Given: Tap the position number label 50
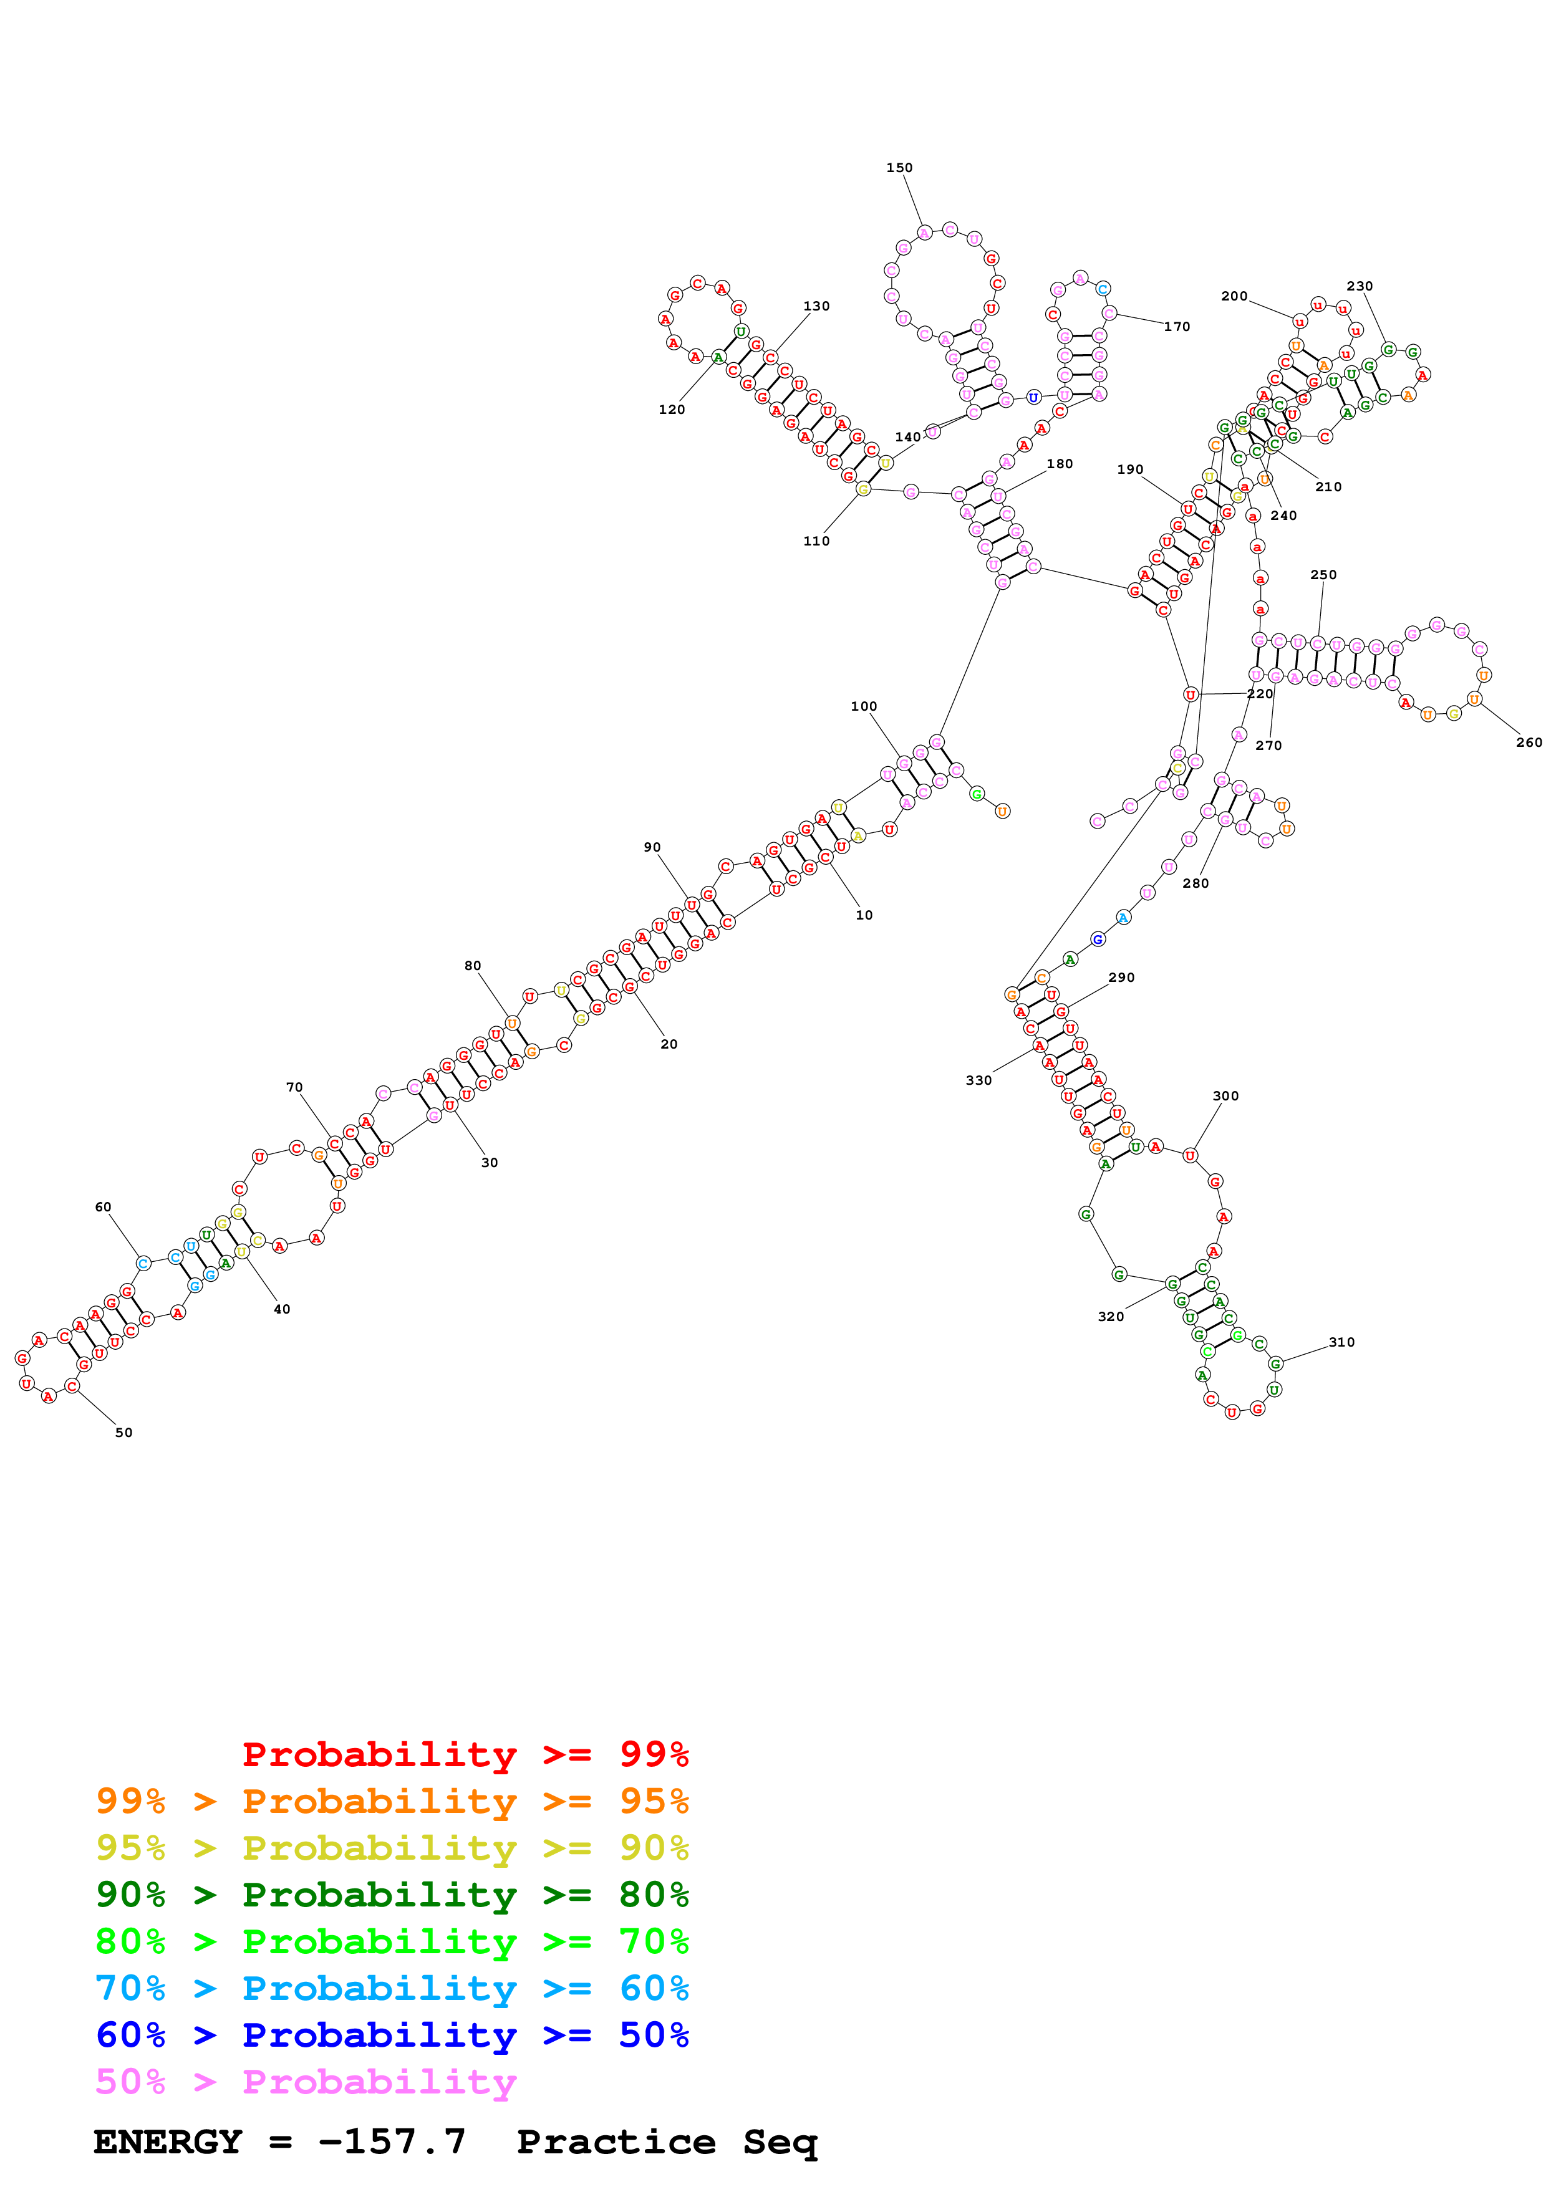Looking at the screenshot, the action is (x=124, y=1433).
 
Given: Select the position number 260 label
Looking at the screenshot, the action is (x=1528, y=742).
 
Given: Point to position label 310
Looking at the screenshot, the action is (x=1341, y=1342).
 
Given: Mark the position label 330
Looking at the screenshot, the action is (x=978, y=1080).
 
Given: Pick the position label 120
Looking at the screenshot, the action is (x=672, y=410).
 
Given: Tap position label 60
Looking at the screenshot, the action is (x=103, y=1207).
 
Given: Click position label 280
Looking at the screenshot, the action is (x=1196, y=883).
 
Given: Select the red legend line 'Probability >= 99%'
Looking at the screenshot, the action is (x=465, y=1754).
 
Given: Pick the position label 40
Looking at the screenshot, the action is (x=282, y=1309).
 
